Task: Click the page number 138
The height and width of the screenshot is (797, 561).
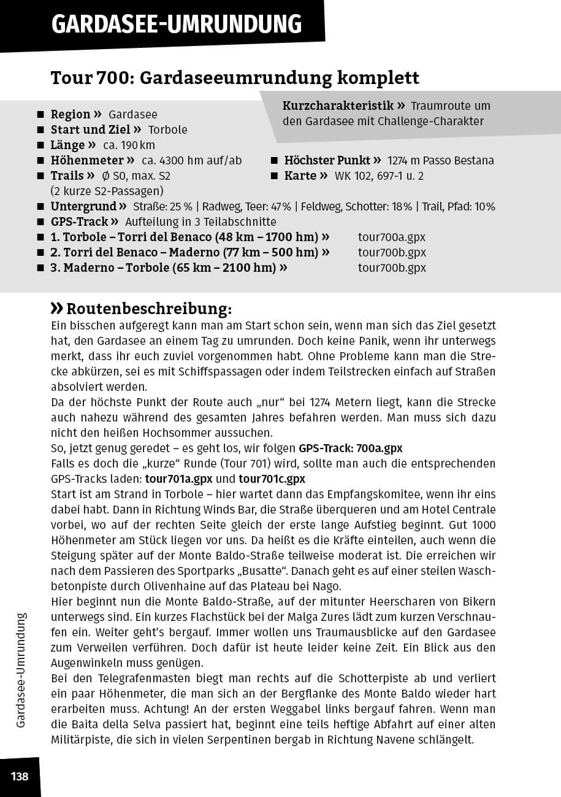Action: (20, 777)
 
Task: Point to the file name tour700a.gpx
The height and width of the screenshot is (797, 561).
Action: (392, 237)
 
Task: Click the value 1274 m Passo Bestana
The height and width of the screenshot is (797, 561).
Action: (441, 161)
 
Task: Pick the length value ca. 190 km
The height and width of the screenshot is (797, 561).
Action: (129, 145)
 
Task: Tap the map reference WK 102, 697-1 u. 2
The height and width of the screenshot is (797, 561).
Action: (379, 176)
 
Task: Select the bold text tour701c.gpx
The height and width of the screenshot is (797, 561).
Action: (272, 479)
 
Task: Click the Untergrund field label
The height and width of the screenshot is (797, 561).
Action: (84, 207)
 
